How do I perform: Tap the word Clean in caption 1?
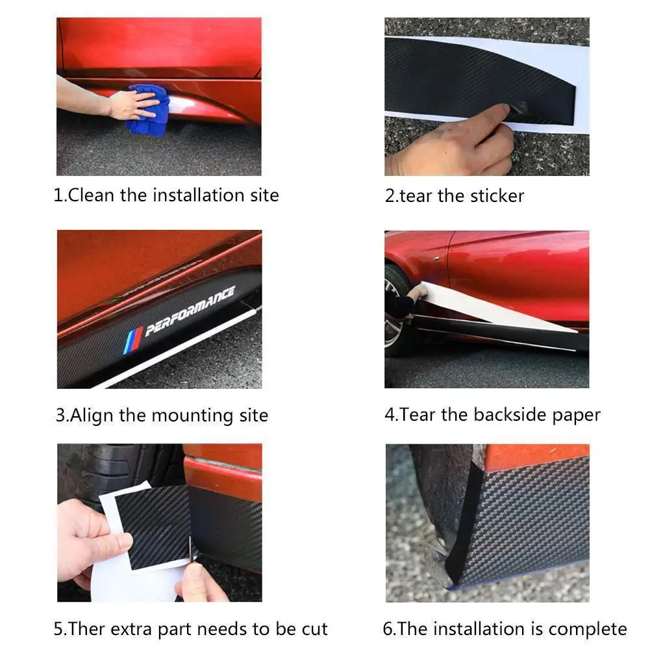[92, 195]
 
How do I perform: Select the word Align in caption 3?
[92, 416]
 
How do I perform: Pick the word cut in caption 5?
[314, 629]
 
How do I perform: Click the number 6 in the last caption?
[387, 629]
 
